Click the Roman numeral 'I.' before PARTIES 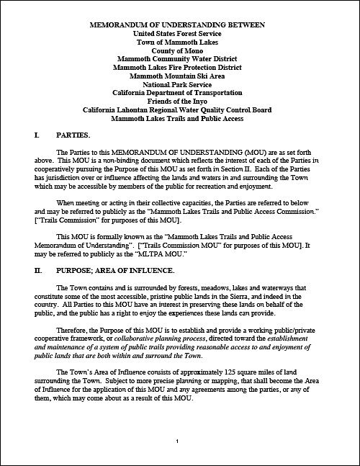coord(37,135)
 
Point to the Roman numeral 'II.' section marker coord(38,270)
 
